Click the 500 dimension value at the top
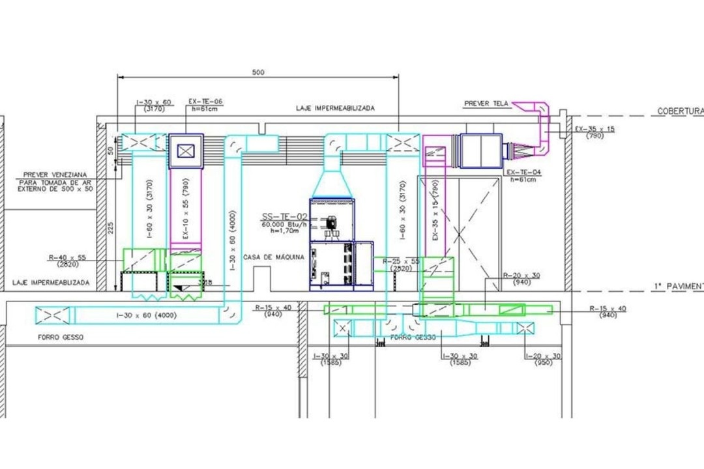258,72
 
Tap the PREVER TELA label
486,104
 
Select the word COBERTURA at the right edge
679,111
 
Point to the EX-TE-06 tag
205,102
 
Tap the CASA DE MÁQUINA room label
274,257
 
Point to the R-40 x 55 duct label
67,258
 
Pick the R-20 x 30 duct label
521,276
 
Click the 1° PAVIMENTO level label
678,286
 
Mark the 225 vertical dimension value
111,226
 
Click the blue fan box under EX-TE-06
186,151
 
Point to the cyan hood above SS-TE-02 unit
333,180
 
